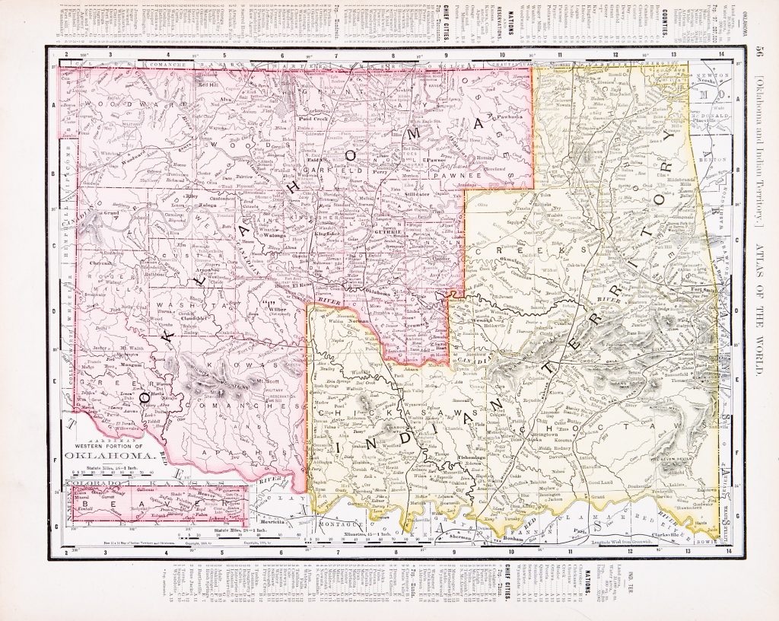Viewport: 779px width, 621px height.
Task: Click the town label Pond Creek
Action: pyautogui.click(x=313, y=119)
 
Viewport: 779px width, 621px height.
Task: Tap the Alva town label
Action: pyautogui.click(x=225, y=100)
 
